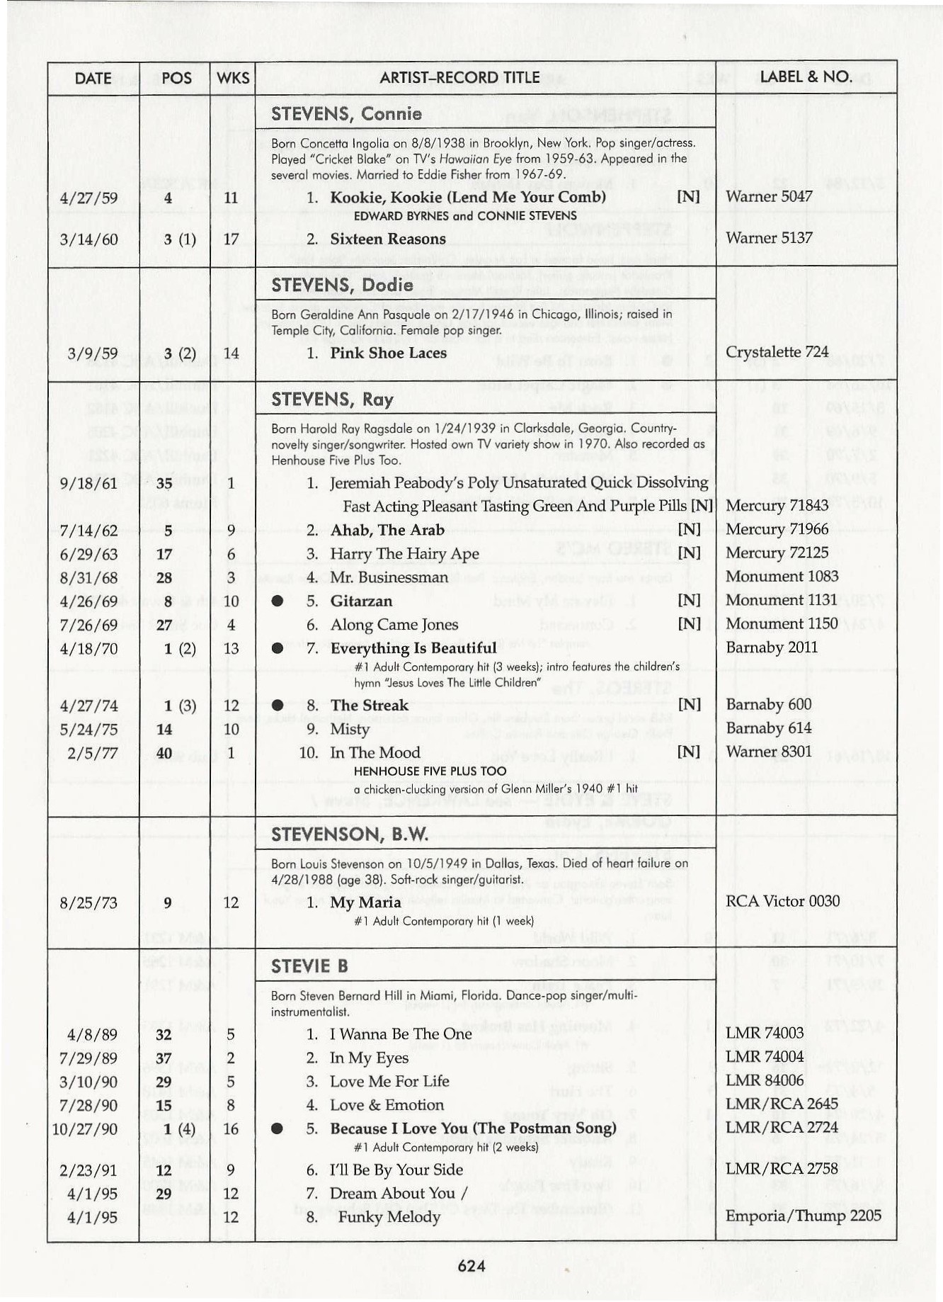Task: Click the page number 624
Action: coord(471,1266)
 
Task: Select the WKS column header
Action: coord(233,77)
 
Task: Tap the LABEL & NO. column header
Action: coord(806,77)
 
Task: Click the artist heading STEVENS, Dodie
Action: coord(342,285)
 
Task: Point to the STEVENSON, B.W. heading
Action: coord(350,834)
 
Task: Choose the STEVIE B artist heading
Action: coord(309,967)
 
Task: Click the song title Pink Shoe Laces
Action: coord(388,353)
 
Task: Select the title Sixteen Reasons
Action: coord(387,239)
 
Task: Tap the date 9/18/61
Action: coord(88,483)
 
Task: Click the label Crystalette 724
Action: coord(777,352)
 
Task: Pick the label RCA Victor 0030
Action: coord(782,901)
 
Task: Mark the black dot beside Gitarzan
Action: coord(278,601)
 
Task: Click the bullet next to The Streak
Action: coord(278,705)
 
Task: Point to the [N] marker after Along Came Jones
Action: coord(689,624)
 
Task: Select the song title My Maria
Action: coord(365,902)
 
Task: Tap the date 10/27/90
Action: coord(85,1129)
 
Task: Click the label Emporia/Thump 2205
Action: coord(804,1216)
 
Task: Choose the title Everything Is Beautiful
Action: coord(413,648)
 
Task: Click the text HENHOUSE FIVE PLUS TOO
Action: coord(430,771)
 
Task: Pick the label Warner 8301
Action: coord(769,751)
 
